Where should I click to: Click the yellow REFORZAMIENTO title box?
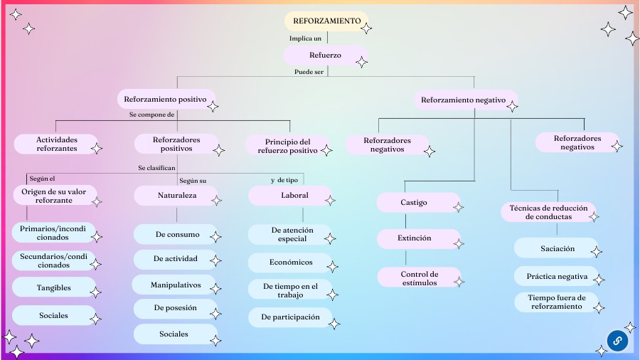point(326,21)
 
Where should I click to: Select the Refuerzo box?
point(325,55)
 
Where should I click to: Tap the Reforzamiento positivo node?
point(165,99)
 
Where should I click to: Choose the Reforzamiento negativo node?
point(463,100)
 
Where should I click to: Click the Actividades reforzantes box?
point(57,144)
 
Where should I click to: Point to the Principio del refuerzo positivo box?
point(287,146)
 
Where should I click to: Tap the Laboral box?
point(294,195)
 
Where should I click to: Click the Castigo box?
point(414,203)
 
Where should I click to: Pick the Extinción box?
point(415,238)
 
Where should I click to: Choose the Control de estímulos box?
point(419,277)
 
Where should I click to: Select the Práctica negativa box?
point(557,276)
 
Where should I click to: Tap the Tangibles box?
point(54,288)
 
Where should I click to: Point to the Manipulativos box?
point(176,285)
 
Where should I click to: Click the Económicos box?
point(291,262)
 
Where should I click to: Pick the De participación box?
point(291,317)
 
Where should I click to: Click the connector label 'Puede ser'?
point(309,72)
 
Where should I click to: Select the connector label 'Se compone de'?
point(151,114)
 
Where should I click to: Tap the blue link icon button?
point(617,341)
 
